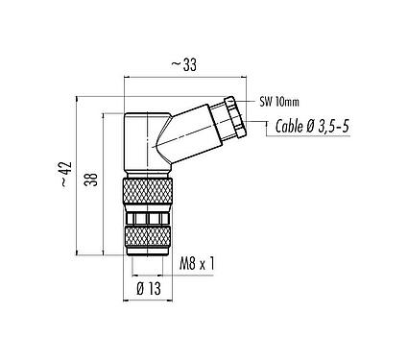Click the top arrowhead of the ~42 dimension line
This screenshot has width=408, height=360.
click(78, 98)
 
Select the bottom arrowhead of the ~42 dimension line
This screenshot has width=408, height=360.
click(78, 256)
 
